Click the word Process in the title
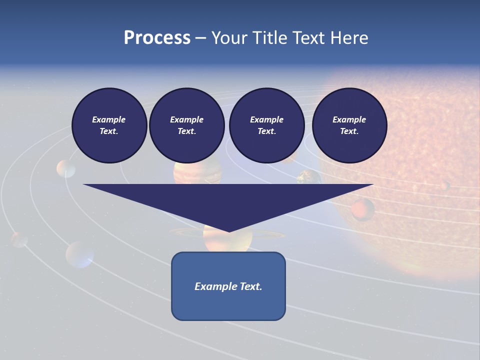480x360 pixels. [157, 38]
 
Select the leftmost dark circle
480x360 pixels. [109, 125]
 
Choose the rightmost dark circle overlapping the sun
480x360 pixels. [349, 125]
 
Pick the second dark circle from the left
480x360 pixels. [186, 125]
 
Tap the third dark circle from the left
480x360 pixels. [266, 125]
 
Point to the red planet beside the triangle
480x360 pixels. [363, 209]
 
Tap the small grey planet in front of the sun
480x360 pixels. [444, 186]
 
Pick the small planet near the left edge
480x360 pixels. [19, 239]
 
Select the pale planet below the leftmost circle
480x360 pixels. [65, 169]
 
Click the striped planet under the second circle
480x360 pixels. [197, 173]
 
